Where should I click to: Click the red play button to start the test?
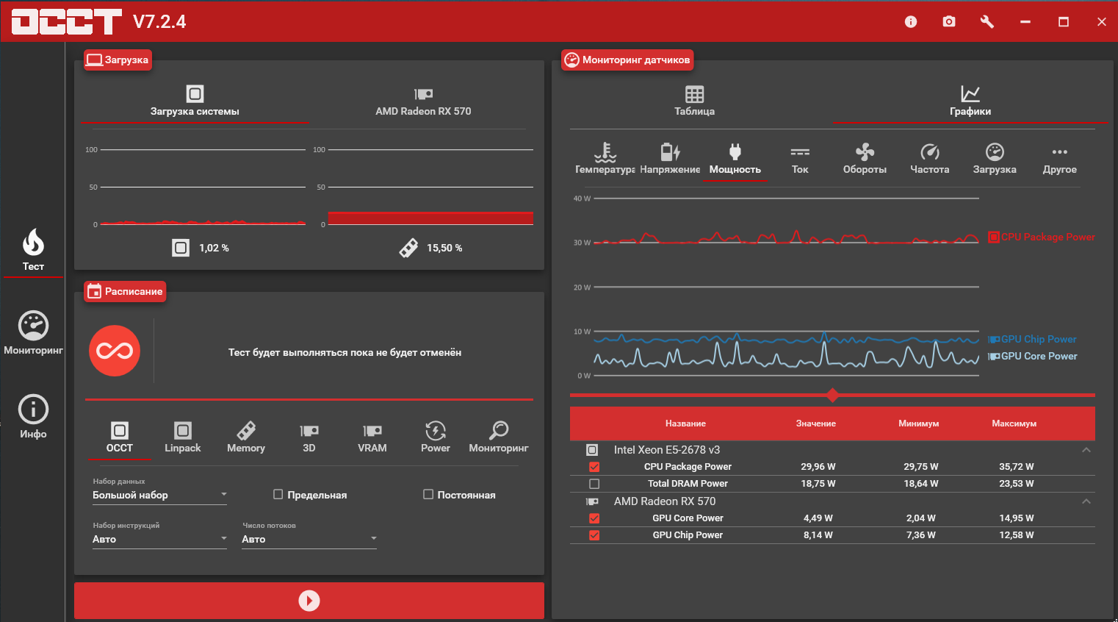pos(309,600)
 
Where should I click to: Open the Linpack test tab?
pos(183,437)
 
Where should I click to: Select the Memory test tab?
pos(246,437)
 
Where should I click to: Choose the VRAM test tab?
pos(372,437)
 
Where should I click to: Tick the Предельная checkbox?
pos(278,494)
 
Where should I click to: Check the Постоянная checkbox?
pos(428,494)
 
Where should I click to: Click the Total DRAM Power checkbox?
pos(594,484)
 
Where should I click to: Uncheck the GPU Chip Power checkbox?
pos(594,535)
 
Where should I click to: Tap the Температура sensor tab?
pos(605,158)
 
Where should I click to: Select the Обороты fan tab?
pos(865,158)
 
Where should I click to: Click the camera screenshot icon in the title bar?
pos(949,21)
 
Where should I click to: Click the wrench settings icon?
pos(987,21)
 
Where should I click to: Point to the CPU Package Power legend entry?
pos(1041,237)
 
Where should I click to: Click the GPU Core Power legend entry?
pos(1032,356)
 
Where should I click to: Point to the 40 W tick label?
pos(582,199)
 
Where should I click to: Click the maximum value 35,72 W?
pos(1016,467)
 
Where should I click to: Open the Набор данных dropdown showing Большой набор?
pos(159,495)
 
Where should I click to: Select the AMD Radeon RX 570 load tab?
pos(423,101)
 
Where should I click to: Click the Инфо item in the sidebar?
pos(34,417)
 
